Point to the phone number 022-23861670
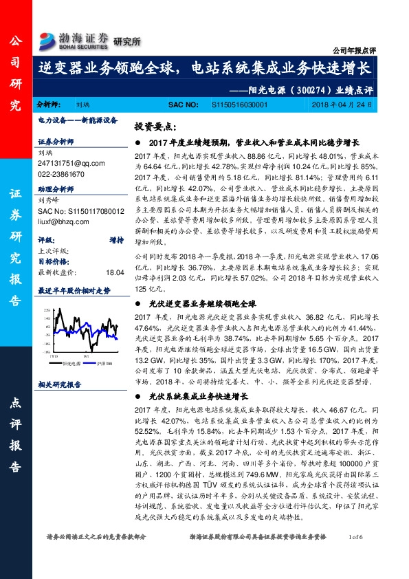pyautogui.click(x=60, y=175)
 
